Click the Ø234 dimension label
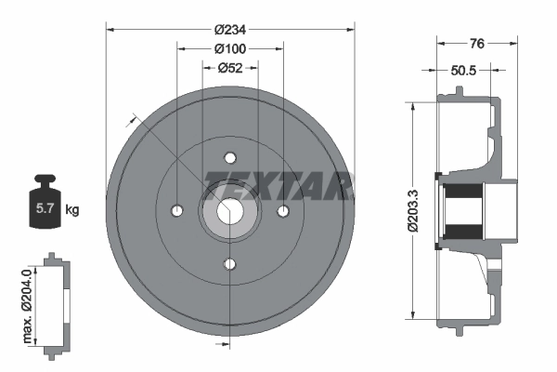tap(229, 29)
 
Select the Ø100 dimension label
tap(229, 47)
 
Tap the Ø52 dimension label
tap(229, 66)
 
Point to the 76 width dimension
tap(476, 42)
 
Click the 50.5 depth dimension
tap(465, 68)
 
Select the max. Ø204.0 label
tap(27, 303)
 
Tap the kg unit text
tap(72, 209)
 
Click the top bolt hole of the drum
tap(230, 157)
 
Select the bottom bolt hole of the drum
tap(230, 265)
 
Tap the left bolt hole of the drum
tap(176, 211)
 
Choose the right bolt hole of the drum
tap(283, 211)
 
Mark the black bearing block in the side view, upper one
tap(461, 197)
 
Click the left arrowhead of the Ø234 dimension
tap(110, 30)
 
